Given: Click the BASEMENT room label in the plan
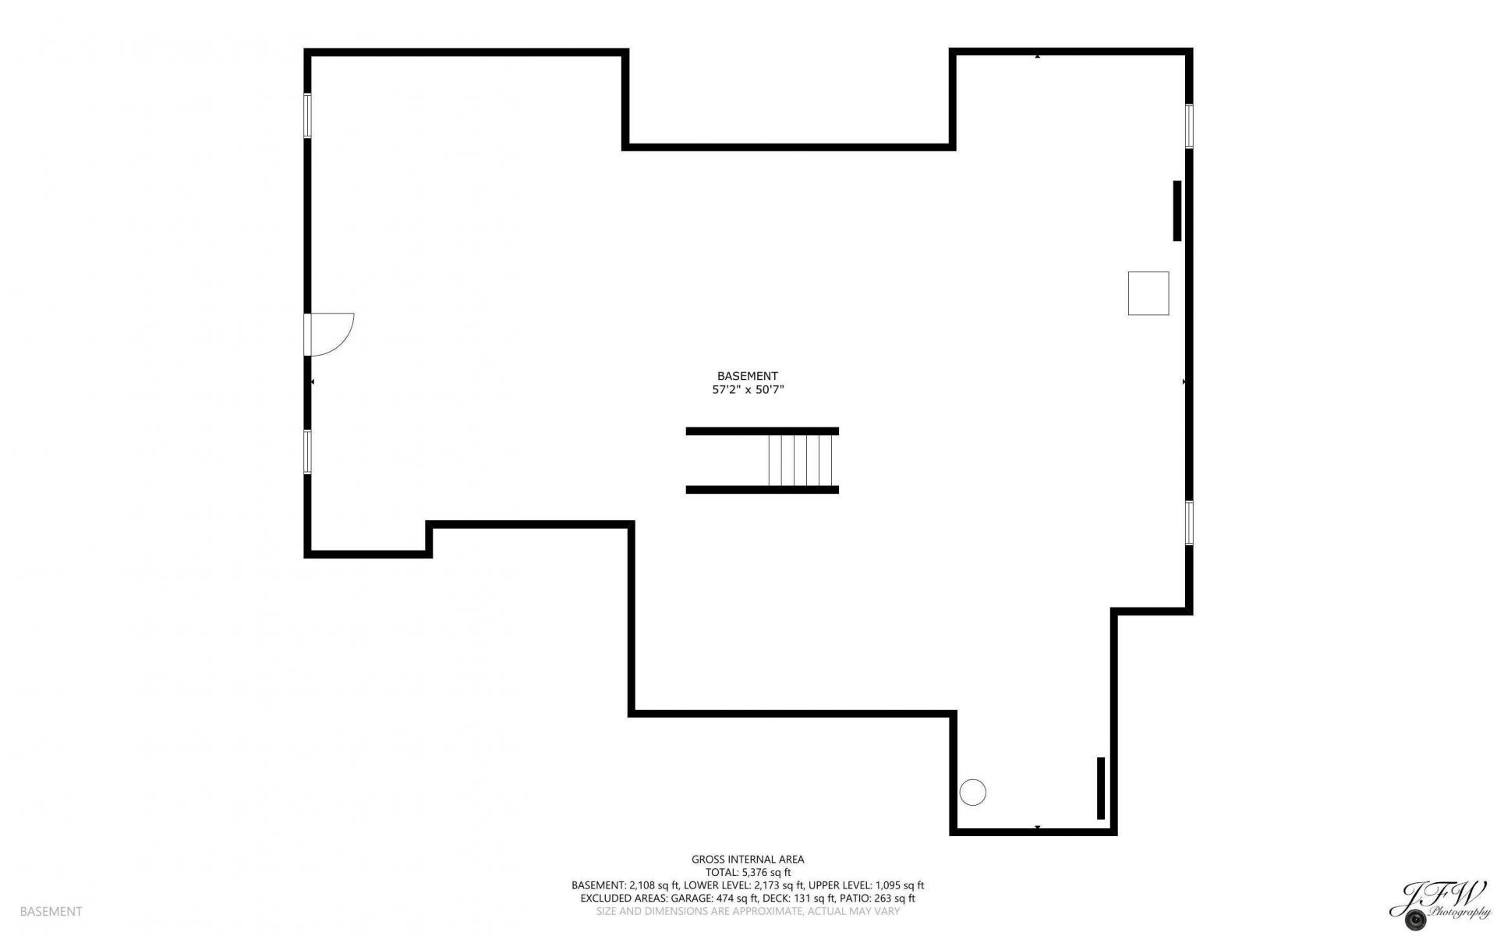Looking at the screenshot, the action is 747,376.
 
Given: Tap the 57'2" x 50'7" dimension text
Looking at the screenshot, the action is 747,390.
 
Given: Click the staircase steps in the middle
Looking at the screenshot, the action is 801,460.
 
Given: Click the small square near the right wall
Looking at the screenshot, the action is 1148,293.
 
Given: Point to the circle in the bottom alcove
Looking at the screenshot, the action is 973,792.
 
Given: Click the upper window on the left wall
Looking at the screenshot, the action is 307,115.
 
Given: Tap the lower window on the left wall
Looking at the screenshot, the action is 307,452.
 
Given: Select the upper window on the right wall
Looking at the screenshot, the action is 1189,126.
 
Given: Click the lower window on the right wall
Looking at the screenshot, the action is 1189,523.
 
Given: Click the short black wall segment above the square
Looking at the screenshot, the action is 1177,211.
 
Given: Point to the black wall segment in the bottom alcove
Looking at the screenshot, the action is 1101,788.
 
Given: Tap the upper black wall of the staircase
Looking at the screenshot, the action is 763,431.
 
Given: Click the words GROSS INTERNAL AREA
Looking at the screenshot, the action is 748,860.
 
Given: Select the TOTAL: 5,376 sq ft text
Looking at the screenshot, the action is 748,873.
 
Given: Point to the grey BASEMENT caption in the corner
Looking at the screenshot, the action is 51,911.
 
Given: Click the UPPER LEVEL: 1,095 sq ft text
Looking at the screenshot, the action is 866,885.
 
